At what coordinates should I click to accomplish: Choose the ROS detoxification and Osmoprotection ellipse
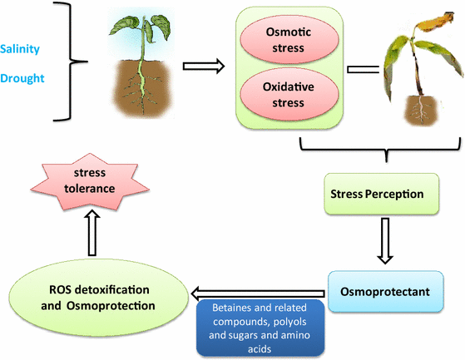tap(101, 297)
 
